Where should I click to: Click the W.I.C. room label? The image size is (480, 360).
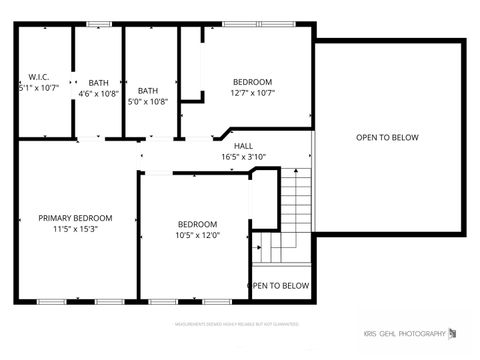pos(39,76)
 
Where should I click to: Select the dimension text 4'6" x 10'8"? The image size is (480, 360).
pos(98,93)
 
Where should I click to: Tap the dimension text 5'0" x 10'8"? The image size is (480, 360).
pos(148,101)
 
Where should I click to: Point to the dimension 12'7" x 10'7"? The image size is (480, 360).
pos(253,93)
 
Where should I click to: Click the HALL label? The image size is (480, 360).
pos(243,145)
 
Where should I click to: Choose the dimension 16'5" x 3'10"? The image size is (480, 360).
pos(243,156)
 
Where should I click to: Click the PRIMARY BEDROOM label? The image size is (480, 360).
pos(75,218)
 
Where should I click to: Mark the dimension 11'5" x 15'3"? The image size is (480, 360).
pos(75,229)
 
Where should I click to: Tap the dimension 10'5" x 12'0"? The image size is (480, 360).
pos(198,235)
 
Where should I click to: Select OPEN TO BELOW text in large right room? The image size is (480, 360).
pos(387,138)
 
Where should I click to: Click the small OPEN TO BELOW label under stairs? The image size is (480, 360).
pos(279,285)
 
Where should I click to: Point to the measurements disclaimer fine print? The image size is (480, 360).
pos(237,324)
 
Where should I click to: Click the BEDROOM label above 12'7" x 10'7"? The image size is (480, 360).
pos(253,82)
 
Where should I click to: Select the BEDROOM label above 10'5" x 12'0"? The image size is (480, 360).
pos(198,224)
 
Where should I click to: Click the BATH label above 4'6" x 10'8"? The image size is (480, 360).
pos(98,82)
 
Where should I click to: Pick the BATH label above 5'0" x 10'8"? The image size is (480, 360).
pos(148,90)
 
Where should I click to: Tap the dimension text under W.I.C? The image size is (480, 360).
pos(39,87)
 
